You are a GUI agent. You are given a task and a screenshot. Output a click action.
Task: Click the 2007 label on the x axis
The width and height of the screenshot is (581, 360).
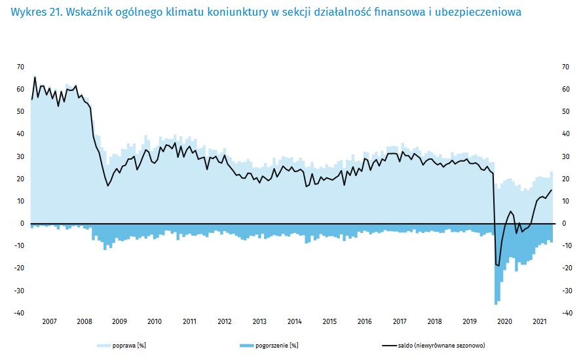(48, 321)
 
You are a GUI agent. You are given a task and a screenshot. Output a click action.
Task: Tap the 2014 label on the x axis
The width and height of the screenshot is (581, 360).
(294, 321)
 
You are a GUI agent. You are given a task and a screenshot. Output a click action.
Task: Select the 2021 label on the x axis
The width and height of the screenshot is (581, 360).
(540, 321)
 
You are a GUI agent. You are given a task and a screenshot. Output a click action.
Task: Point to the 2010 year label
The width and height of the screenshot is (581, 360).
(154, 321)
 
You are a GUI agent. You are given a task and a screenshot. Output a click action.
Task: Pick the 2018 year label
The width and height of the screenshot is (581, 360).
(434, 321)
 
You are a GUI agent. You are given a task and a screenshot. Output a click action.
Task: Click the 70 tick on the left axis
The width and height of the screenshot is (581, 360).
(20, 67)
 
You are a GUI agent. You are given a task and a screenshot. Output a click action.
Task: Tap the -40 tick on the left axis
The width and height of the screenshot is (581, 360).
(20, 313)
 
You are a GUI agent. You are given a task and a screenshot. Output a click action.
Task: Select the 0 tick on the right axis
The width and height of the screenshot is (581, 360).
(563, 223)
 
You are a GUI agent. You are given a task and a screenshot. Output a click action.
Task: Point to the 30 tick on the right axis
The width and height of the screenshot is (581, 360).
(565, 156)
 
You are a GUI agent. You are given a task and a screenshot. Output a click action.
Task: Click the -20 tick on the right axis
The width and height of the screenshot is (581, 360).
(566, 268)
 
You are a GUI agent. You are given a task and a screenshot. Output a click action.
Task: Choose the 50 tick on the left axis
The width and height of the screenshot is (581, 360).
(20, 111)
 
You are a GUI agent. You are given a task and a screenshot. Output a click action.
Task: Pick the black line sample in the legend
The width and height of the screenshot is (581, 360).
(388, 345)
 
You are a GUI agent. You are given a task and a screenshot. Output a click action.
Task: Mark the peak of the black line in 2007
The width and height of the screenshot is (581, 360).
(35, 78)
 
